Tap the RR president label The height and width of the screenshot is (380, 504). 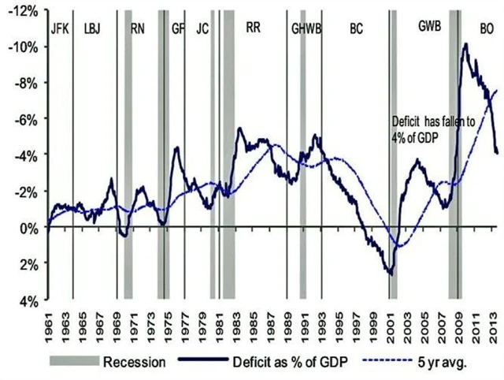(254, 28)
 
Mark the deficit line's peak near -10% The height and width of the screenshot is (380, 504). (465, 45)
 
